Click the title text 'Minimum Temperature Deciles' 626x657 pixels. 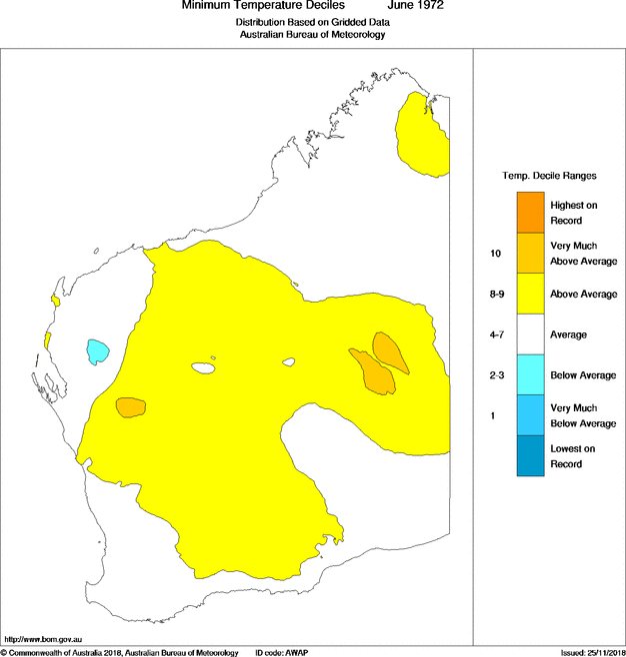point(263,6)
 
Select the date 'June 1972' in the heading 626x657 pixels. point(415,6)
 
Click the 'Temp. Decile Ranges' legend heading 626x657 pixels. point(549,175)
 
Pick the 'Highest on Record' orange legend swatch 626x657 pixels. point(531,212)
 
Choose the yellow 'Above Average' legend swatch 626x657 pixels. point(531,294)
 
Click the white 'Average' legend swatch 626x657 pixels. point(531,334)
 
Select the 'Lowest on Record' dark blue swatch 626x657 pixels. point(531,456)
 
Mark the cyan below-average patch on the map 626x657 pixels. point(97,350)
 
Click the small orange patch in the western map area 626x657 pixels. point(130,406)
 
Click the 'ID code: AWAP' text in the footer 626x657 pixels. point(282,652)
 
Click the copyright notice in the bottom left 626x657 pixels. point(119,652)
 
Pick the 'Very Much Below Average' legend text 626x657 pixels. point(576,415)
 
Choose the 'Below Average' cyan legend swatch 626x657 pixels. point(531,375)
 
